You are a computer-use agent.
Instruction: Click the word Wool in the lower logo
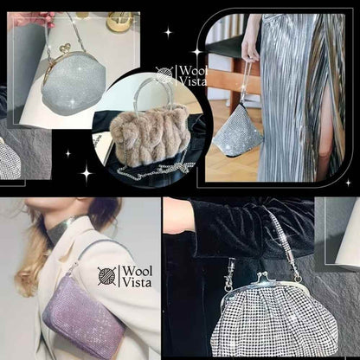click(x=138, y=272)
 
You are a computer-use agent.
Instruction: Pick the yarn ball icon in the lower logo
click(x=107, y=276)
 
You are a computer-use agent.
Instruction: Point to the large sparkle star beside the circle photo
click(x=87, y=172)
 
